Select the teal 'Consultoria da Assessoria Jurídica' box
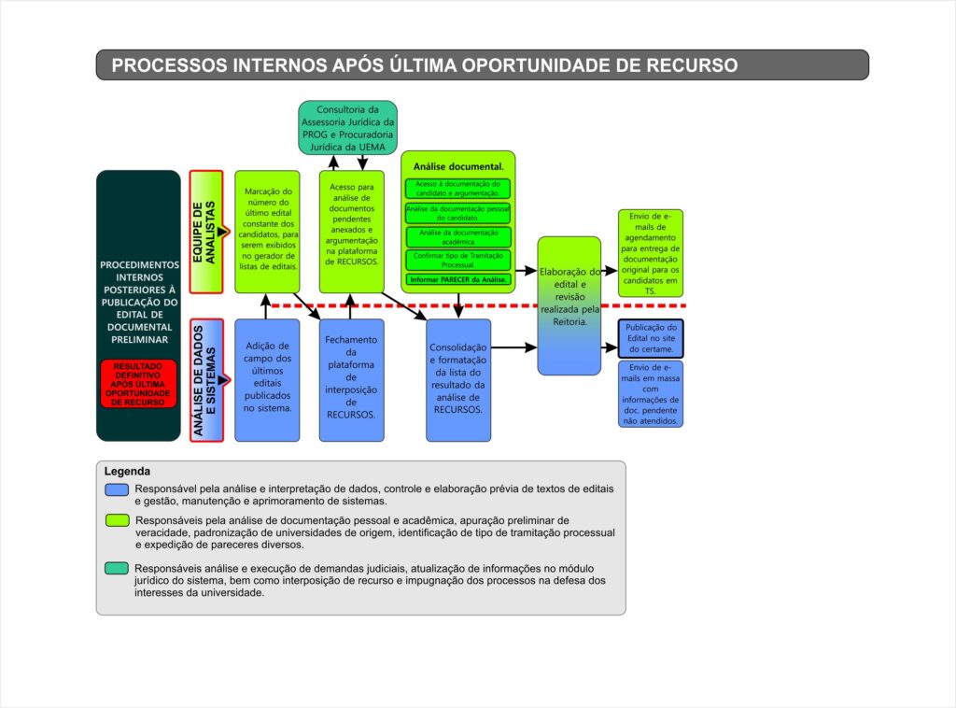tap(348, 128)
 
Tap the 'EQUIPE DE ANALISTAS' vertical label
tap(204, 231)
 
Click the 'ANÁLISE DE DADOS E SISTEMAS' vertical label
tap(204, 379)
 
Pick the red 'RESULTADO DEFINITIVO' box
tap(138, 384)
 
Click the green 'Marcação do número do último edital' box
tap(267, 230)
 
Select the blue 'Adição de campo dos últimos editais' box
tap(267, 378)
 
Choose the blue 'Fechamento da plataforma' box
tap(351, 378)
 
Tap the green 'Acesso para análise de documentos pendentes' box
tap(351, 230)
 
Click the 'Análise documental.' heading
tap(457, 166)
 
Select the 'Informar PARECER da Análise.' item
tap(457, 279)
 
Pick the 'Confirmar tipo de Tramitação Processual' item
tap(457, 259)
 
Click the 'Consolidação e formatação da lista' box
tap(457, 378)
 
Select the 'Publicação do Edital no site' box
tap(651, 338)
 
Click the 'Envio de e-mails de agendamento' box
tap(651, 253)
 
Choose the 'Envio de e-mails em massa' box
tap(651, 393)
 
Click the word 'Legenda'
tap(127, 473)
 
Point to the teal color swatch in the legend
tap(117, 568)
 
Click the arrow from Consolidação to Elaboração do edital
tap(513, 347)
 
